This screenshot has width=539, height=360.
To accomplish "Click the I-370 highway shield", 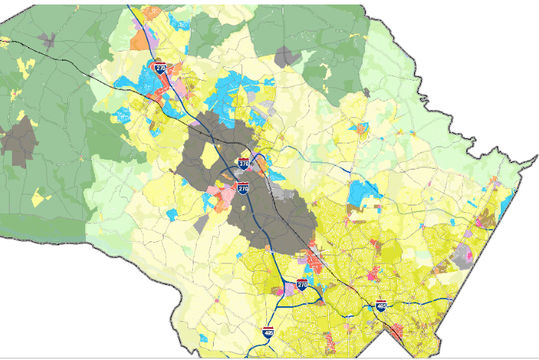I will coord(244,163).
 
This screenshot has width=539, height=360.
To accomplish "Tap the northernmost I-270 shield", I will coord(160,67).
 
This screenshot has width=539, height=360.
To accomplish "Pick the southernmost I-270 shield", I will coord(302,285).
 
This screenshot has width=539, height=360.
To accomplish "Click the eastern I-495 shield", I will coord(381,305).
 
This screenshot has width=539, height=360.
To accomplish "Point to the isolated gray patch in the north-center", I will coord(286,56).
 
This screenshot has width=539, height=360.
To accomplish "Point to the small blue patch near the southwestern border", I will coord(203,339).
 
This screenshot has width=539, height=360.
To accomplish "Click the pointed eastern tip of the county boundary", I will coord(536,157).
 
